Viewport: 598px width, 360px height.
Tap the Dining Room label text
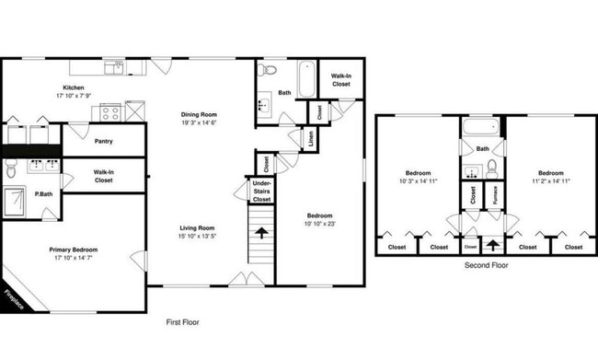pyautogui.click(x=198, y=115)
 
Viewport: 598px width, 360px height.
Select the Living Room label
pyautogui.click(x=196, y=228)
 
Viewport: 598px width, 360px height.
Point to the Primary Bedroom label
pyautogui.click(x=74, y=250)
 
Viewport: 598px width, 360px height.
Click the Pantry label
pyautogui.click(x=104, y=142)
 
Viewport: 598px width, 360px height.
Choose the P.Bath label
pyautogui.click(x=42, y=195)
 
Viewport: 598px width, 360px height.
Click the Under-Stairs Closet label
pyautogui.click(x=262, y=192)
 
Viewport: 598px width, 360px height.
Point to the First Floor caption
pyautogui.click(x=182, y=323)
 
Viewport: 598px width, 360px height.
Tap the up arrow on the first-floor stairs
pyautogui.click(x=262, y=234)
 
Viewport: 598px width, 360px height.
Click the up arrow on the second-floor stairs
pyautogui.click(x=493, y=245)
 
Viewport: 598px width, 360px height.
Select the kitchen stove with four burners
pyautogui.click(x=110, y=114)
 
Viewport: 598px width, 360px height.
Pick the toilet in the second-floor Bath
pyautogui.click(x=493, y=168)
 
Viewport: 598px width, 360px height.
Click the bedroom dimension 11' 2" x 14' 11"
pyautogui.click(x=550, y=181)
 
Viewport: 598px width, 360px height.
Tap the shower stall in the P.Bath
pyautogui.click(x=17, y=198)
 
